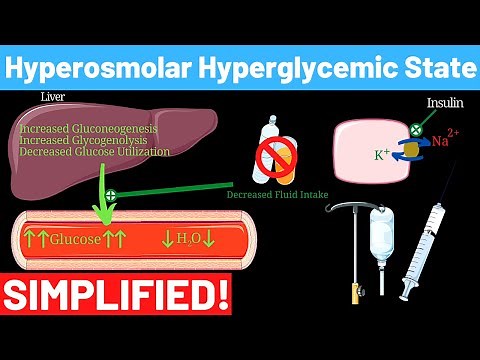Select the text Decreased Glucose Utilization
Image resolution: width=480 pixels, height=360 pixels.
click(94, 152)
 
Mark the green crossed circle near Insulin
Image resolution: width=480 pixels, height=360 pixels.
click(414, 129)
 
